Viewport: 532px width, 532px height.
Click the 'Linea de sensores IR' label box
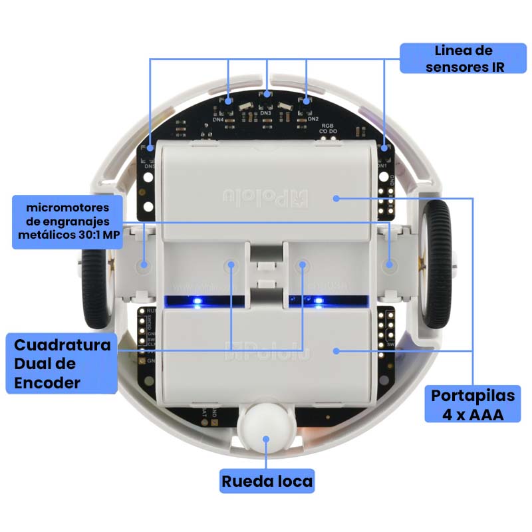(x=464, y=59)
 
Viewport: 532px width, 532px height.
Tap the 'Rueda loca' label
(x=267, y=481)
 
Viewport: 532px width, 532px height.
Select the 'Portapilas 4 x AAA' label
(x=473, y=404)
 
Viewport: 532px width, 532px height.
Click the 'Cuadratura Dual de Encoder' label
(x=62, y=364)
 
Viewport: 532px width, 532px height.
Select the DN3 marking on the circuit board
(x=267, y=114)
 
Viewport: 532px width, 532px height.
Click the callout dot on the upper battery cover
(x=336, y=198)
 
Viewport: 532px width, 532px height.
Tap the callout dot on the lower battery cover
(x=336, y=350)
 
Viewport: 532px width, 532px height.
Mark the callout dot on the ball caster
(x=266, y=438)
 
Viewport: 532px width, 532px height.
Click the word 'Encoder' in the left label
(x=48, y=382)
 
